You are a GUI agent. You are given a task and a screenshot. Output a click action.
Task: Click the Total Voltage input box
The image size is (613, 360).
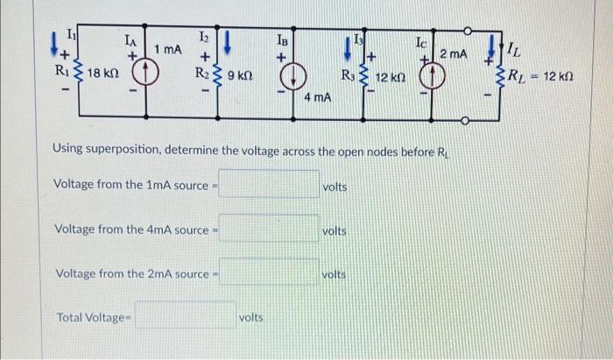(185, 316)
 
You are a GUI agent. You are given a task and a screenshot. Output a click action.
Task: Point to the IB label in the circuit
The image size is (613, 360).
(282, 39)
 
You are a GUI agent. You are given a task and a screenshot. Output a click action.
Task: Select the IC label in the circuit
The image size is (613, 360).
(422, 40)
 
